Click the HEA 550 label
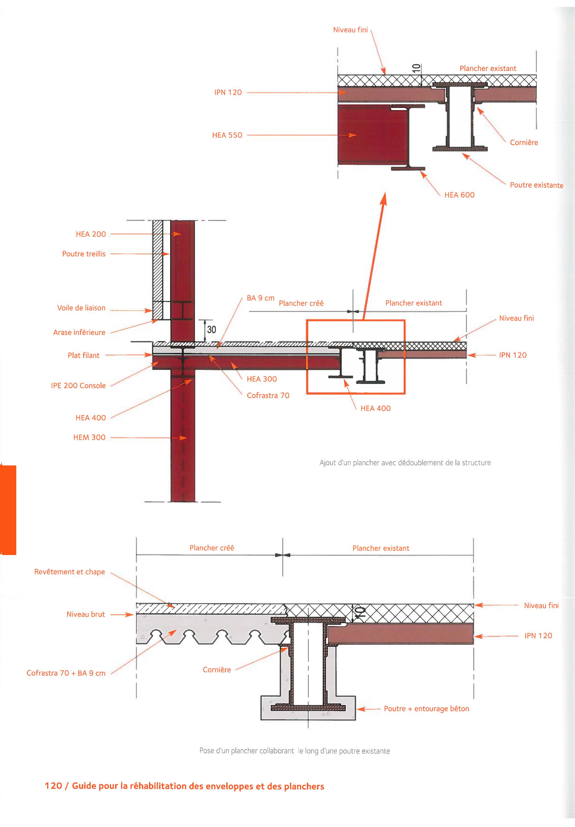227,135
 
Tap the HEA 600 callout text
460,195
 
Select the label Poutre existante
537,185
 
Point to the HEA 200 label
91,234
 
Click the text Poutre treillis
84,254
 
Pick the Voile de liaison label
81,308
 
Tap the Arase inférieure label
79,333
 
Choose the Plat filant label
83,355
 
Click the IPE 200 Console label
78,385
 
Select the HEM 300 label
89,437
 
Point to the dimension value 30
212,329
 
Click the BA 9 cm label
261,298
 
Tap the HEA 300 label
262,379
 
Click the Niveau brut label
86,614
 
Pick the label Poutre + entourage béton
426,708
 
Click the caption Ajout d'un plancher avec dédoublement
405,462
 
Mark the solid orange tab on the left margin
8,510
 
